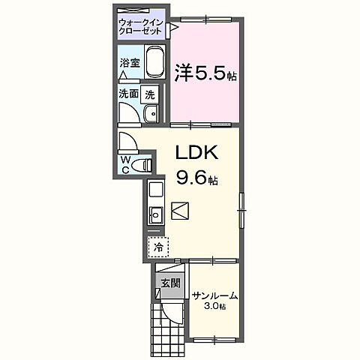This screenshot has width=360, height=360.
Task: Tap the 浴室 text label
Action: pos(129,64)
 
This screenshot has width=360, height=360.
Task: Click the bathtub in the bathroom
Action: pos(154,63)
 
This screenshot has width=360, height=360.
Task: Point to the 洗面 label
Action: pos(127,94)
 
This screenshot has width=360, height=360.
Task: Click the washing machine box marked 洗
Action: pos(150,94)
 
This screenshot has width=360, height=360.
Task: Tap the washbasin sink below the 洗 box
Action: pos(149,113)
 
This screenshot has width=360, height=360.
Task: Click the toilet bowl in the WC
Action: pos(144,163)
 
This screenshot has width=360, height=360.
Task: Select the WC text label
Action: pos(124,164)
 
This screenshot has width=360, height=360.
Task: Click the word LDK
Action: pos(196,152)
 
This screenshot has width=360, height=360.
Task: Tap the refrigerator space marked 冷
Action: pos(158,246)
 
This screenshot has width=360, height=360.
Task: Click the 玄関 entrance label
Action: pos(169,283)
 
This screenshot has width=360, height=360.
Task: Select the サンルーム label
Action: pos(215,296)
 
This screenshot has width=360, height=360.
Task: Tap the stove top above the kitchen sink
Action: pos(155,190)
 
